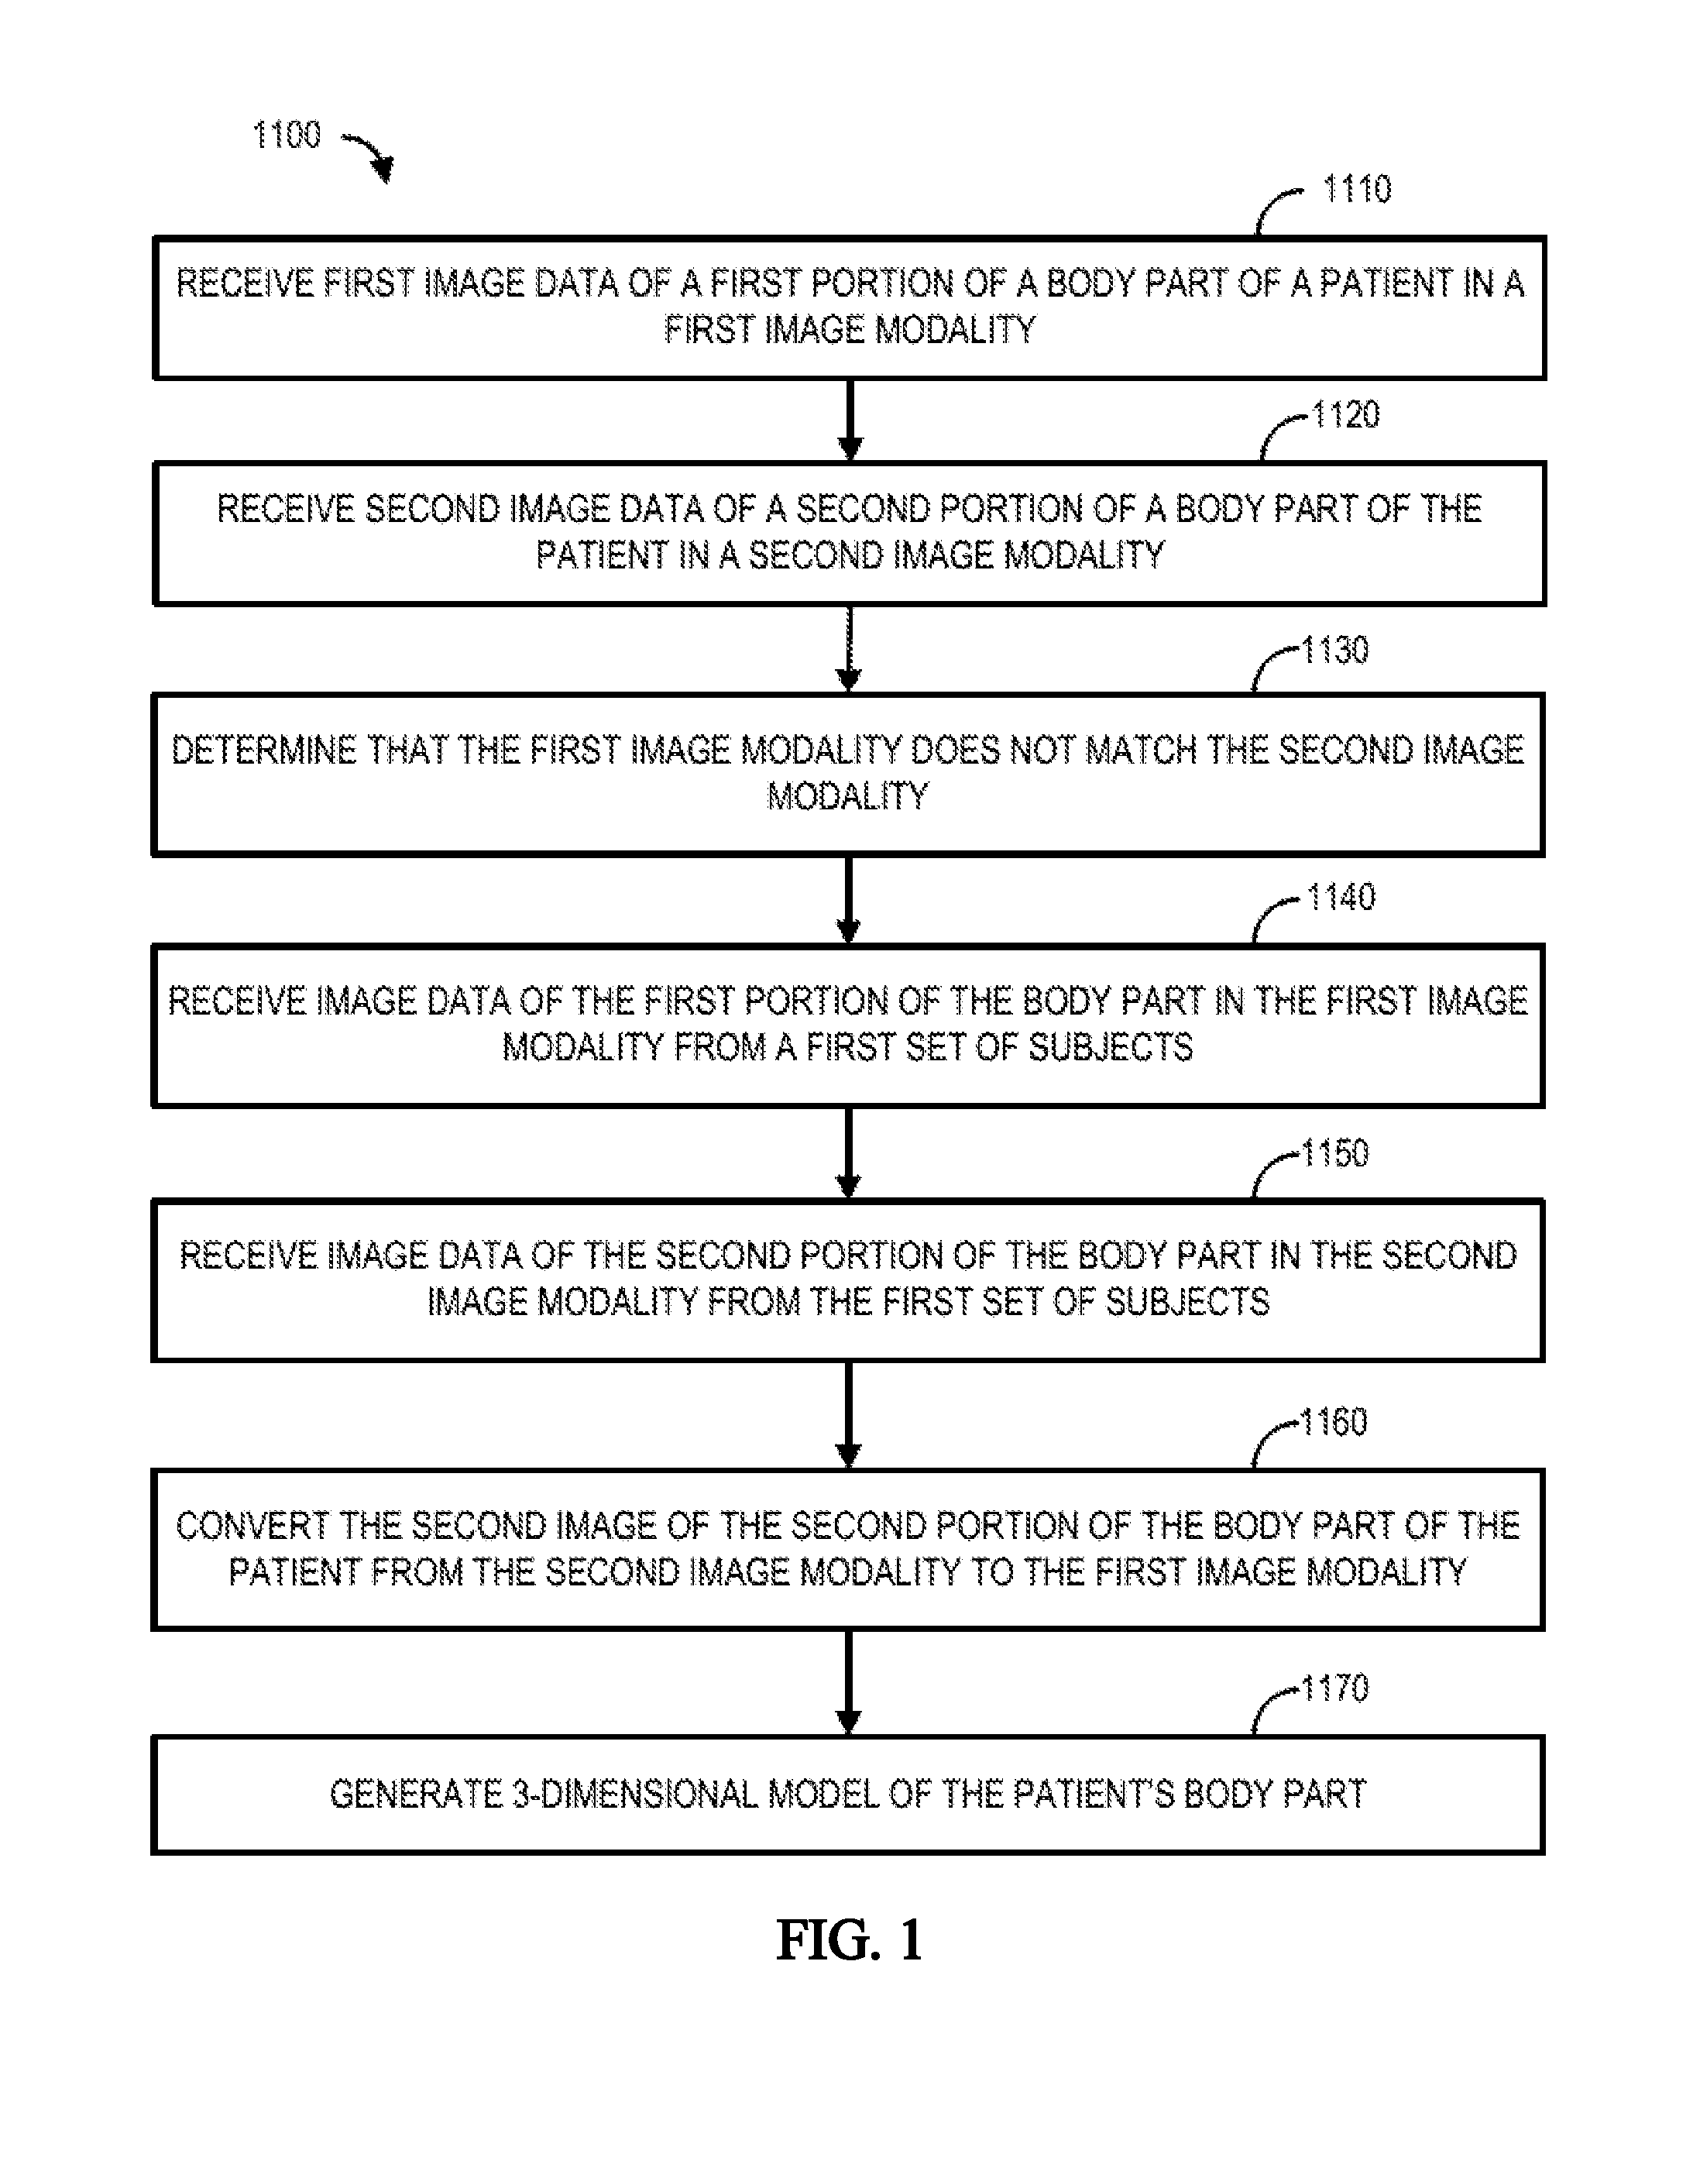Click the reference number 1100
point(287,136)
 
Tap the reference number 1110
point(1357,189)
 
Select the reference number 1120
point(1345,415)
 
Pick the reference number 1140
point(1341,898)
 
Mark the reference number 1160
point(1334,1423)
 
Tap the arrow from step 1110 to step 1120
point(849,420)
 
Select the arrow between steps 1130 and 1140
point(848,900)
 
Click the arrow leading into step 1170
point(848,1682)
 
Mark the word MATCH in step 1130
point(1141,750)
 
